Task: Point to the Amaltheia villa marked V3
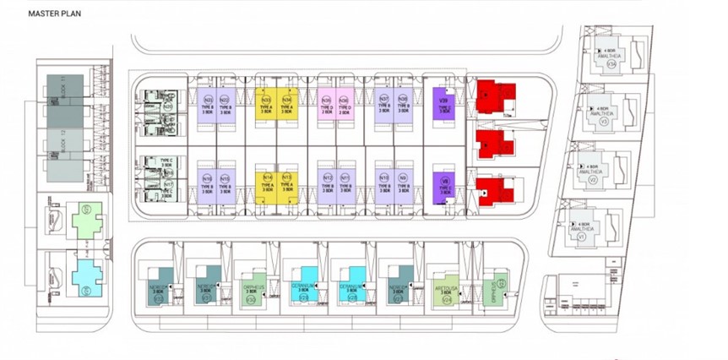point(605,114)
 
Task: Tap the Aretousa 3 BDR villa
point(447,286)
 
